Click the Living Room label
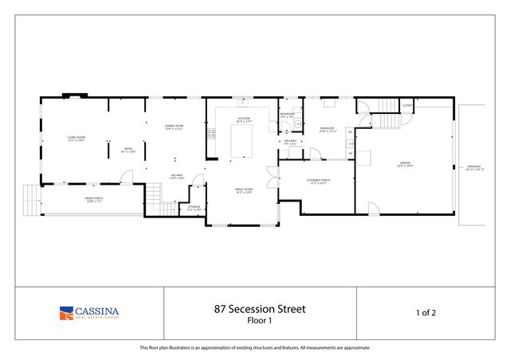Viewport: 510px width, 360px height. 76,139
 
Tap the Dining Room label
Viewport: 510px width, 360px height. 175,127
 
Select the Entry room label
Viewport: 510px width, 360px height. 128,151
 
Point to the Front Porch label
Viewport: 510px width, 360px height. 94,199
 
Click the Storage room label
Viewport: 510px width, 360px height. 194,208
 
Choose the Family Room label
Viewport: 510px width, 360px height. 243,191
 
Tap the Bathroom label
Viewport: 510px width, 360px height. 288,115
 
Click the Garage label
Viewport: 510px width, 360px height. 406,164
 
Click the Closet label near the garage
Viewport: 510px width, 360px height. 406,105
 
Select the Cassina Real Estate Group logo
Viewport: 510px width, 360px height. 90,312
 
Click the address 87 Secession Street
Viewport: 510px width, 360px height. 259,308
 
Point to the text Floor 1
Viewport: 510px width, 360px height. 259,320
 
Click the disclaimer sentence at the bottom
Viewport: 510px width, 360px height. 255,347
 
